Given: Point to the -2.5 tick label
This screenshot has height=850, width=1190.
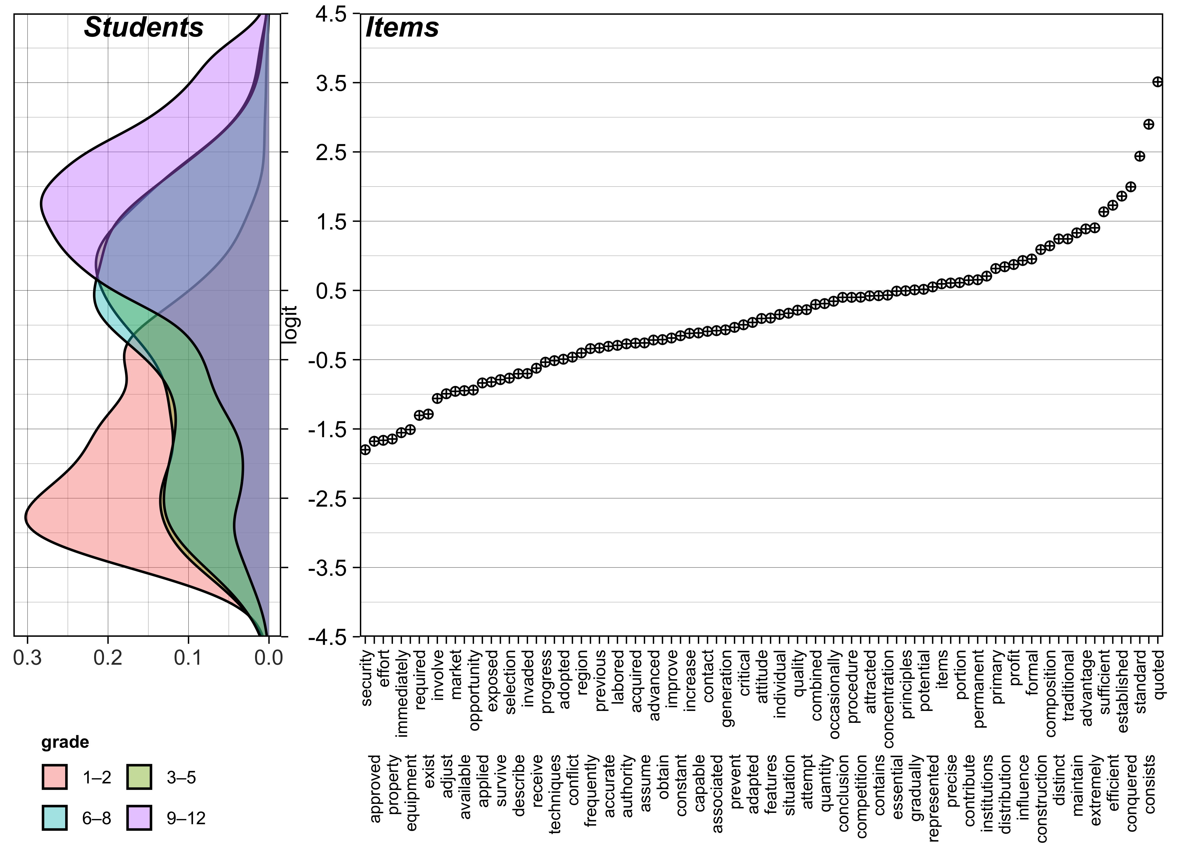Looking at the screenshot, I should [327, 499].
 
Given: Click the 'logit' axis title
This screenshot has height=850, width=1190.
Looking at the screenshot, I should [289, 324].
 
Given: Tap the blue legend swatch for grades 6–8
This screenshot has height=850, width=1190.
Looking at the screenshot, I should [54, 817].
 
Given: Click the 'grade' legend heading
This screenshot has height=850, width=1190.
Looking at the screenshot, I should [65, 742].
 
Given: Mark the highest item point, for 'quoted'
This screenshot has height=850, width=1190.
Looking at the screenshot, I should [1157, 82].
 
